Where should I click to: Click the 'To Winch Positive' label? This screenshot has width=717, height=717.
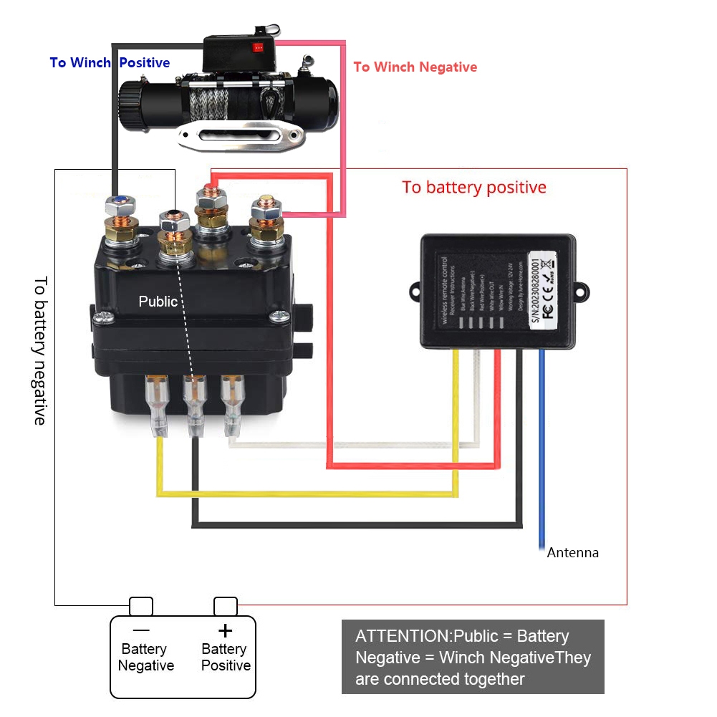[110, 63]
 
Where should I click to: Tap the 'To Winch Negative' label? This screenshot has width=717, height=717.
[415, 67]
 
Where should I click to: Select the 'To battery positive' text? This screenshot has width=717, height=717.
[473, 188]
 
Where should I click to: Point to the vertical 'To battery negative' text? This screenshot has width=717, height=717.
[40, 350]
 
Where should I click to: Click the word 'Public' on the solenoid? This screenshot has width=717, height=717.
[158, 302]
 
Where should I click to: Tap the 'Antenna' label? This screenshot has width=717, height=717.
[572, 553]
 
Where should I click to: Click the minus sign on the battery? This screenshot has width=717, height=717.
[141, 630]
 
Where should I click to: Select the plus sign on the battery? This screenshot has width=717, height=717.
[225, 630]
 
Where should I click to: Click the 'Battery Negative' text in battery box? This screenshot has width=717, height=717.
[145, 658]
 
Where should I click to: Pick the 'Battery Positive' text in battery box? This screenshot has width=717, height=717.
[225, 658]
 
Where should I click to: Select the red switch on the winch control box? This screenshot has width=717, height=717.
[257, 49]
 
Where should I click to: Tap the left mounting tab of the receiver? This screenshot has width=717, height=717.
[417, 291]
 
